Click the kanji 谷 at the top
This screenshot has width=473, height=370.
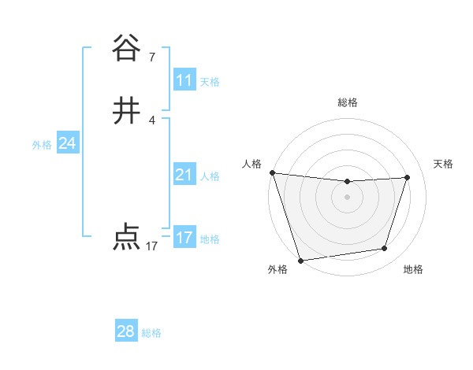(x=126, y=49)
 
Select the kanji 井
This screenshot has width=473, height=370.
(x=126, y=112)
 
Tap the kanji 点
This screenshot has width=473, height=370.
(x=126, y=237)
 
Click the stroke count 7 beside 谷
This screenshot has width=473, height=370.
(x=152, y=57)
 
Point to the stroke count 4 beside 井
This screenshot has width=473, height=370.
(x=152, y=120)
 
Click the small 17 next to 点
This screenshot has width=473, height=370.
(x=152, y=246)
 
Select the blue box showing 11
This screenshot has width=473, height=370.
(x=184, y=80)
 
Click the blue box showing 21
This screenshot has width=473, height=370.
(x=184, y=175)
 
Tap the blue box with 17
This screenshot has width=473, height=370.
(x=184, y=238)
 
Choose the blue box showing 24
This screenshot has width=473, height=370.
(x=68, y=143)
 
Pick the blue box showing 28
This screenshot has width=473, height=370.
(x=126, y=331)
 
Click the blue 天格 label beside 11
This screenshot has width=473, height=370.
(x=210, y=82)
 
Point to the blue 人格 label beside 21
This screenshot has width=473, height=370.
(x=210, y=176)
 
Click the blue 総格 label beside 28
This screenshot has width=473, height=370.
(x=151, y=333)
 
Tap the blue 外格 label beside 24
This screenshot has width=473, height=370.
(x=42, y=145)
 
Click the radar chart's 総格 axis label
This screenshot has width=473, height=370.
(x=347, y=102)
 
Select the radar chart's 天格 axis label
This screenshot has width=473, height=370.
(x=444, y=164)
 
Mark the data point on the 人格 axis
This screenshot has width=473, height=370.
(x=272, y=172)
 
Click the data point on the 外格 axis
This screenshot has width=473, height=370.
(x=300, y=259)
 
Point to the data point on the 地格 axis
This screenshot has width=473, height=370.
(x=385, y=249)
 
